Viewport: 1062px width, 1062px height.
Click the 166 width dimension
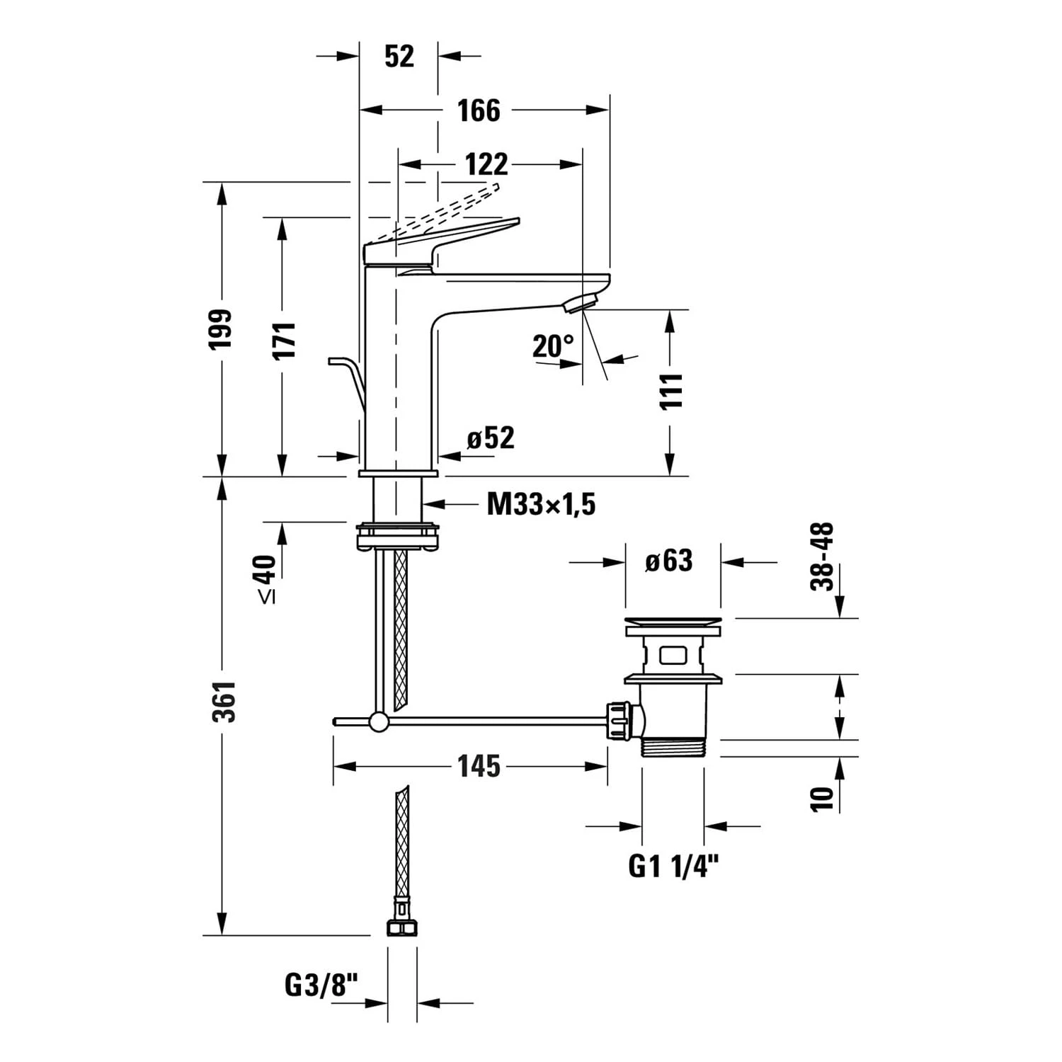click(x=479, y=110)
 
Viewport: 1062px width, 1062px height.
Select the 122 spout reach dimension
click(x=486, y=164)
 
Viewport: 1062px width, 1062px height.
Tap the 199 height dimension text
click(x=221, y=329)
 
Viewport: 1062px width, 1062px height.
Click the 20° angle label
click(x=553, y=346)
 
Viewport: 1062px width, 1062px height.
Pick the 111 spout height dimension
click(x=670, y=390)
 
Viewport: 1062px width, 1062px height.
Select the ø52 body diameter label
click(x=490, y=438)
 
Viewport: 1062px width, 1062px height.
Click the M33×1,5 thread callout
click(x=541, y=505)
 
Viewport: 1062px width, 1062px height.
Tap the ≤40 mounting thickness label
click(x=265, y=579)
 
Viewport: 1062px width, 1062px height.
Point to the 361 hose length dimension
click(x=224, y=702)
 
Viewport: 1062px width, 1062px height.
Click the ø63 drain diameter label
click(x=668, y=561)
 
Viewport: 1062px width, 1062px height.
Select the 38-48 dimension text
click(x=822, y=556)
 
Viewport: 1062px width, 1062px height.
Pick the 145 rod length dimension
click(x=479, y=766)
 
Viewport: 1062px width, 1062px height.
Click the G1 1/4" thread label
click(x=673, y=866)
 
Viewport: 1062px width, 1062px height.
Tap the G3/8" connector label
click(x=321, y=985)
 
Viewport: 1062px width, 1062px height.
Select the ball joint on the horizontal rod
click(x=379, y=721)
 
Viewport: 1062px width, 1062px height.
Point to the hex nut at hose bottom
click(x=401, y=927)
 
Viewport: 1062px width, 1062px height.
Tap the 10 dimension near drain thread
click(x=822, y=798)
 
